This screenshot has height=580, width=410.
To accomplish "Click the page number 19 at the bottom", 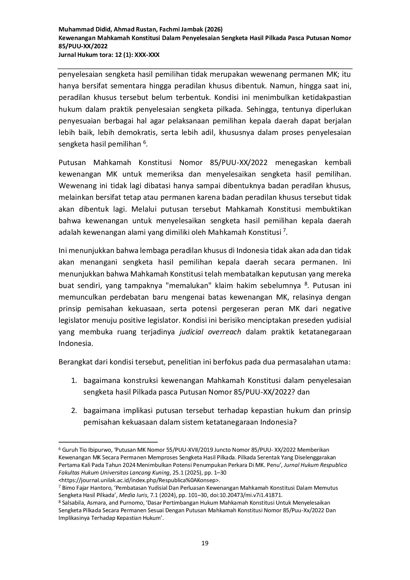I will coord(205,543).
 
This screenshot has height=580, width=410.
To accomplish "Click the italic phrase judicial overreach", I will coord(210,332).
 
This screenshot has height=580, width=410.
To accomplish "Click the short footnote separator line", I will coord(108,442).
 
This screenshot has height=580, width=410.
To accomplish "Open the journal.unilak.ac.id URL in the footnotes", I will coord(139,480).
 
